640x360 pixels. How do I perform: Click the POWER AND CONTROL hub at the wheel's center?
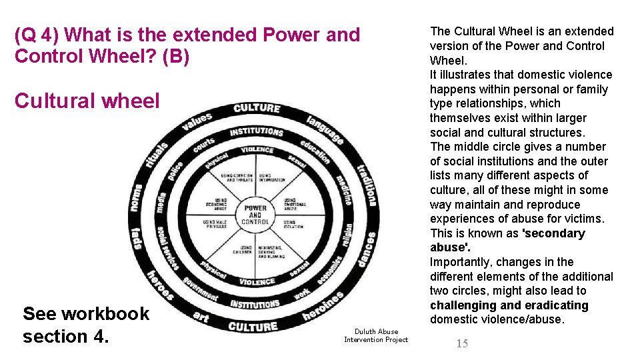(x=255, y=213)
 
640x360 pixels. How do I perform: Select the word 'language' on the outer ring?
(x=325, y=129)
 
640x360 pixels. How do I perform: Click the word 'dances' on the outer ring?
(x=366, y=249)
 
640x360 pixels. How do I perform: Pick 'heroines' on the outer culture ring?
(x=324, y=305)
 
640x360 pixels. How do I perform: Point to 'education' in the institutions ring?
(x=315, y=153)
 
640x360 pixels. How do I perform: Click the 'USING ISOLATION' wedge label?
(x=293, y=224)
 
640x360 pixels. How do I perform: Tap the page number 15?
(x=462, y=343)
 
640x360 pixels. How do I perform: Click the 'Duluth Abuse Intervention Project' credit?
(x=376, y=335)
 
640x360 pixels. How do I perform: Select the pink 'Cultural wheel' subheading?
(x=87, y=101)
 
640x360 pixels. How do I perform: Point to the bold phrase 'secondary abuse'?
(x=508, y=240)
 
